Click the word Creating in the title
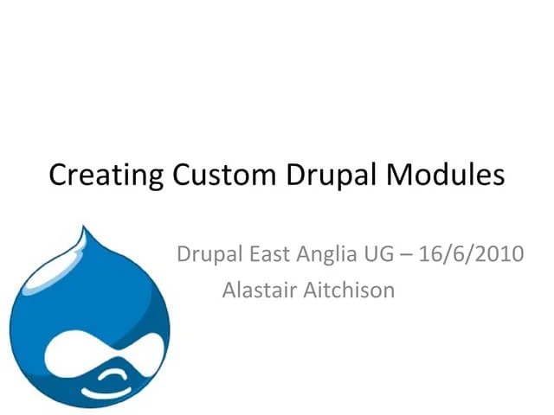pos(106,175)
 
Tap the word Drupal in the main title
pos(327,175)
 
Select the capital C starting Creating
pos(59,175)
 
